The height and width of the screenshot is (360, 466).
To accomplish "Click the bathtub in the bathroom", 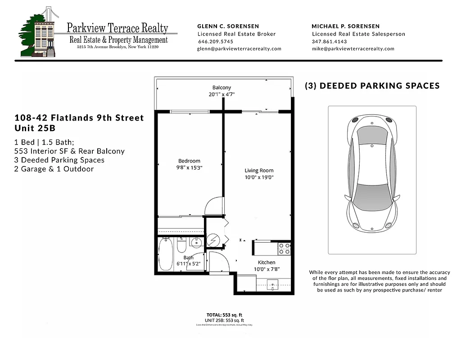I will (x=166, y=255).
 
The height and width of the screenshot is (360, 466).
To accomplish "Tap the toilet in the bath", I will (x=181, y=245).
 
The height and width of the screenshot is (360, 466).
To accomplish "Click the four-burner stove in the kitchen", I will (x=284, y=248).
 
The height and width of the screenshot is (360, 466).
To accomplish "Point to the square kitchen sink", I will (x=273, y=285).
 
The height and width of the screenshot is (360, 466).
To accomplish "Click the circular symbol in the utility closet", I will (x=214, y=241).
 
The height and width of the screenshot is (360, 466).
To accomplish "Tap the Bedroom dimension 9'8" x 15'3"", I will (x=190, y=167).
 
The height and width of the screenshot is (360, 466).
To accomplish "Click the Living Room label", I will (x=259, y=171).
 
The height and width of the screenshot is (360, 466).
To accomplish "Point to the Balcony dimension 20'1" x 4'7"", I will (x=222, y=94).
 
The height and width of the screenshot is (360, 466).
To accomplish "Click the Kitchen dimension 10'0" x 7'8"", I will (x=266, y=270).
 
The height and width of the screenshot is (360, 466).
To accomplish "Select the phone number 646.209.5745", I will (x=216, y=41).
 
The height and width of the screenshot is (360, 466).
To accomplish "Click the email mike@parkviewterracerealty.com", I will (x=353, y=49).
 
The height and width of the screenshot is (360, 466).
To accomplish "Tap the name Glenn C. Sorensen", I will (x=228, y=26).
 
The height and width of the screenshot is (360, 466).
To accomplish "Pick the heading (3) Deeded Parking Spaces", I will (x=372, y=85).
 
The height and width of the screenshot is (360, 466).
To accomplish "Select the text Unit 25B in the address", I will (x=34, y=128).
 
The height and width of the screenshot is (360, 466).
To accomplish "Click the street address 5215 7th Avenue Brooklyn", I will (x=118, y=46).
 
